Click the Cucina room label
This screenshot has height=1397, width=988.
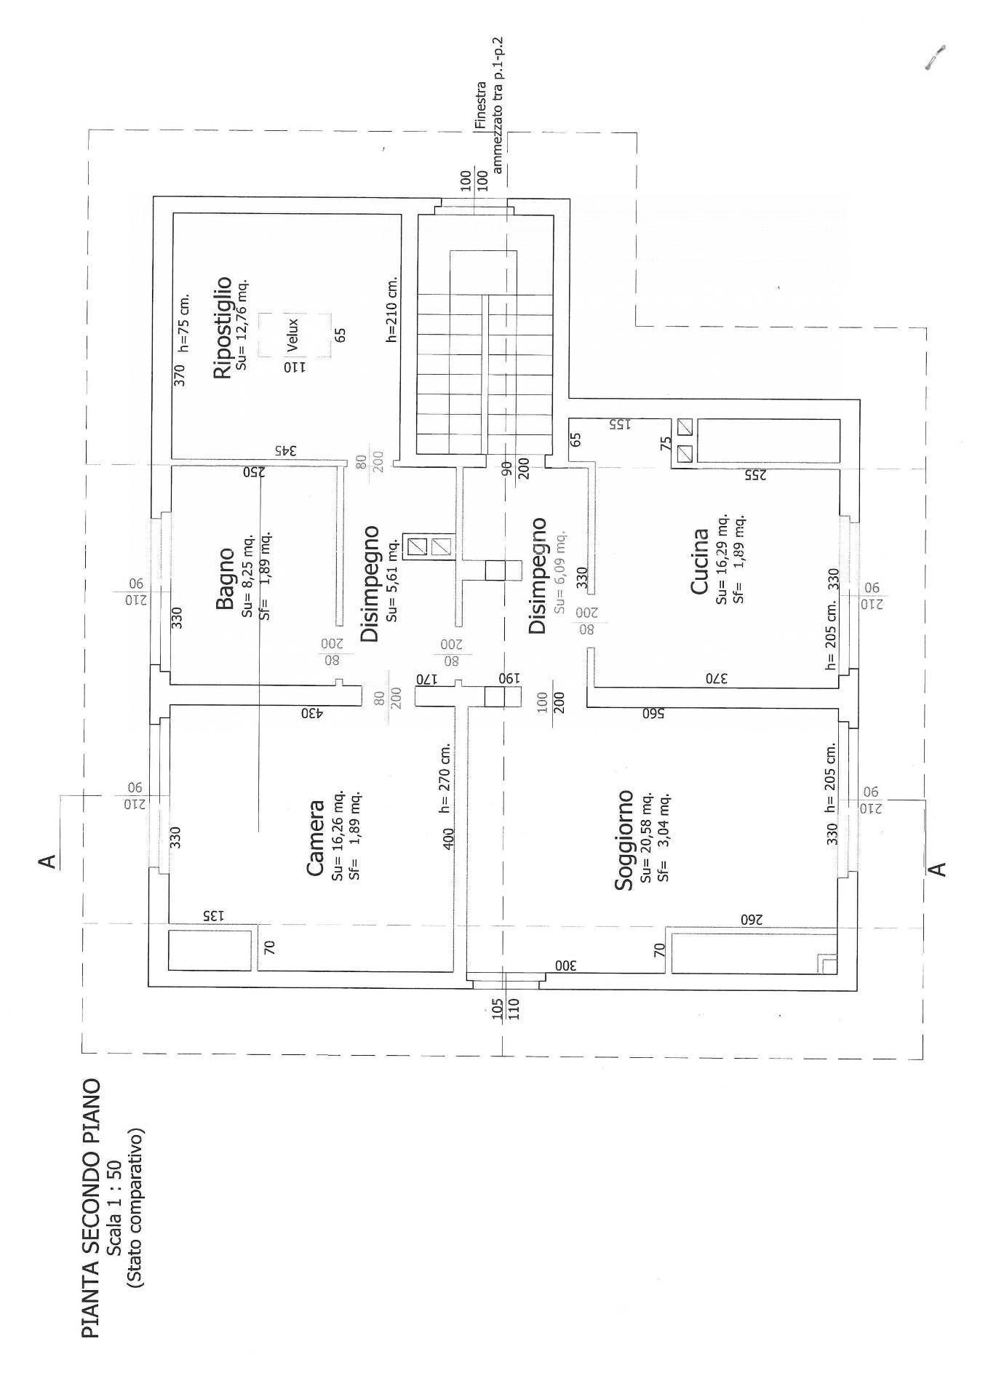[x=699, y=561]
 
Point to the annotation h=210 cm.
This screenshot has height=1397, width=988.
[x=392, y=309]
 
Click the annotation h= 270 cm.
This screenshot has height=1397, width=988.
[x=447, y=778]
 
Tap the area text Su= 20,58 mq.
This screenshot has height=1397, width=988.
[x=646, y=838]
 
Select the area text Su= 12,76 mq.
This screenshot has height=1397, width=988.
[x=243, y=323]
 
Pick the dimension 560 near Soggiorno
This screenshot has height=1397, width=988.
[x=653, y=713]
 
